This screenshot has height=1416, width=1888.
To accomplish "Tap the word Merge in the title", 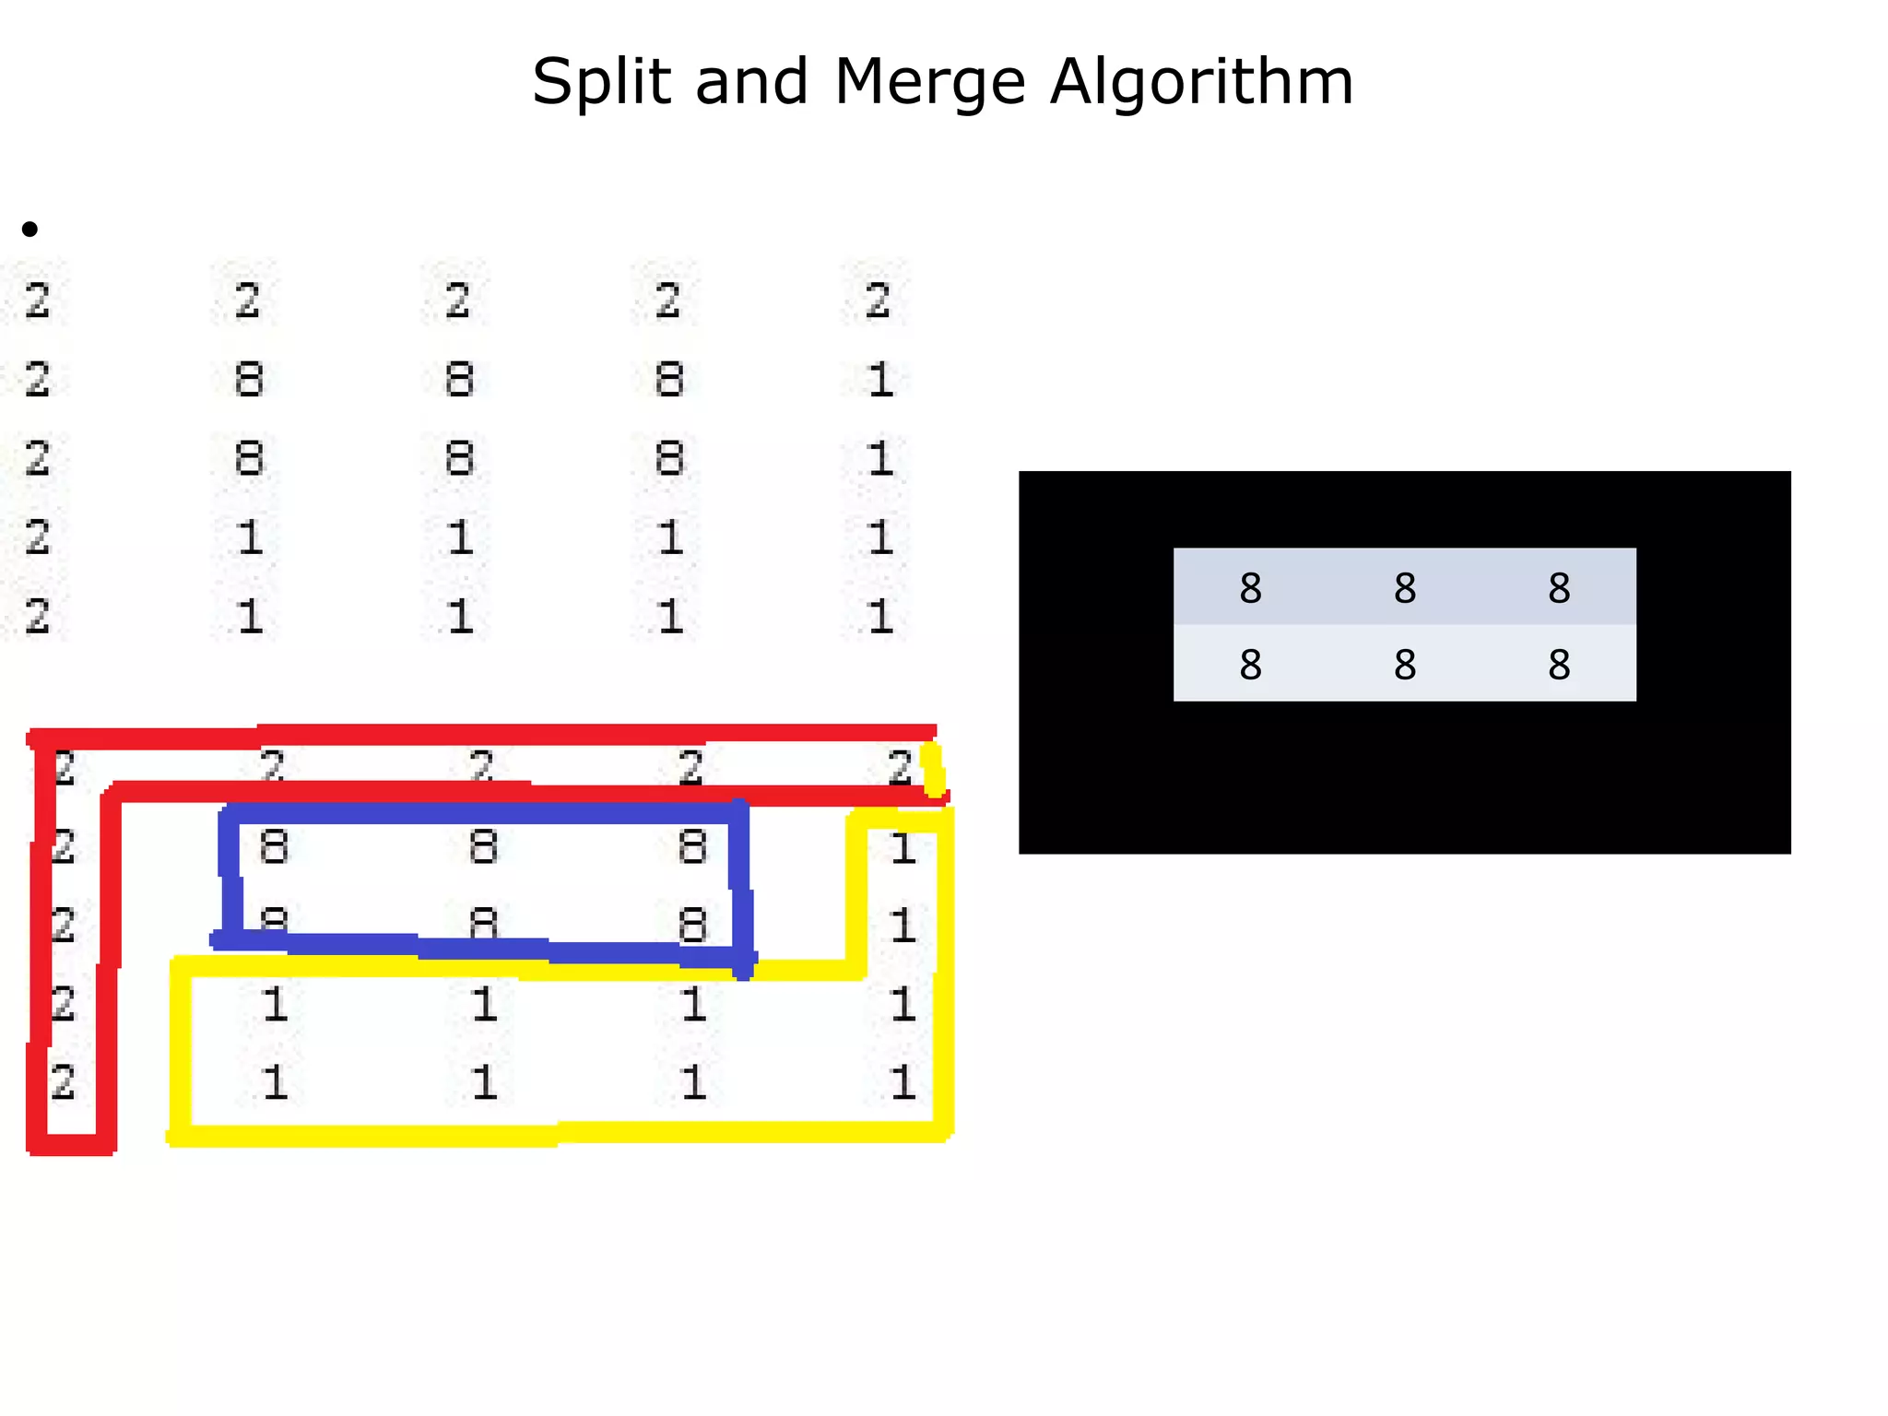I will click(x=929, y=83).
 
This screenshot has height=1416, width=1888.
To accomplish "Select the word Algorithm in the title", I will click(x=1201, y=83).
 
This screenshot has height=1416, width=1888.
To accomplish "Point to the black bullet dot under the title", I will click(x=30, y=229).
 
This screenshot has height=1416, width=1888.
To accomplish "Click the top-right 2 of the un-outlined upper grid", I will click(x=878, y=301).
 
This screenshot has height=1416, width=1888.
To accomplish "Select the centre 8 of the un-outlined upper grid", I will click(x=459, y=458).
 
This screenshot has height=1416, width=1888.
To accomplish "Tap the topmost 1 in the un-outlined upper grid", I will click(x=880, y=380).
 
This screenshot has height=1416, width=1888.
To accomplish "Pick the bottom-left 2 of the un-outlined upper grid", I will click(x=37, y=616).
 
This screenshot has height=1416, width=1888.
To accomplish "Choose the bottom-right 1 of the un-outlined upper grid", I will click(x=880, y=616).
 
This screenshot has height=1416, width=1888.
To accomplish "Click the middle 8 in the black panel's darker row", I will click(x=1404, y=588).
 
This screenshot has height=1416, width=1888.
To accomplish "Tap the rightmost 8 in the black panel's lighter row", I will click(x=1559, y=665).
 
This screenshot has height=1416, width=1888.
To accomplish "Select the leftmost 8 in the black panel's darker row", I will click(x=1250, y=588).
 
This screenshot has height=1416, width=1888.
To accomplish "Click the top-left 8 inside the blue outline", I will click(x=274, y=846).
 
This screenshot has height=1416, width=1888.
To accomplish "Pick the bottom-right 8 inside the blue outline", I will click(x=692, y=925).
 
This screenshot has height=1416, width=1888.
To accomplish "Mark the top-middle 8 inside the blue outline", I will click(x=483, y=846).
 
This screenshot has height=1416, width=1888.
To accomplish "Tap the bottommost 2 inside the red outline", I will click(x=63, y=1081).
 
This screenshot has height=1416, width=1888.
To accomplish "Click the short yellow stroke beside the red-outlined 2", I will click(x=933, y=770).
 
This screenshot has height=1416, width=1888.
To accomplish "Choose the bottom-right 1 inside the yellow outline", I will click(x=903, y=1081).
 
